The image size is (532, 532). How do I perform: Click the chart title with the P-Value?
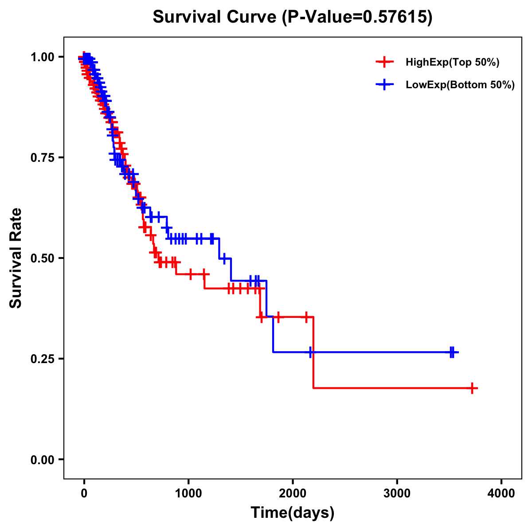[x=292, y=17]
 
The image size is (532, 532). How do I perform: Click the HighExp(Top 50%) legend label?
[x=452, y=63]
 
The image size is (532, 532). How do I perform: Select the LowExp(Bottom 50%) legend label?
[x=460, y=85]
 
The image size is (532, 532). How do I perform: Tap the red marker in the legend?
[x=384, y=62]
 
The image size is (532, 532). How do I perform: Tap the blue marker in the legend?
[x=384, y=85]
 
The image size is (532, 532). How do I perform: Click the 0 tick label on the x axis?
[x=84, y=493]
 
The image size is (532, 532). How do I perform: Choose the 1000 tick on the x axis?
[x=188, y=493]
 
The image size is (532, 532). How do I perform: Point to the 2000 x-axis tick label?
[x=293, y=493]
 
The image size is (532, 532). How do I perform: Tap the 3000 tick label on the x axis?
[x=397, y=493]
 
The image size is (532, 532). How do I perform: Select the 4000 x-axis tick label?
[x=501, y=493]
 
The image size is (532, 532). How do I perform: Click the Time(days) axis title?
[x=292, y=513]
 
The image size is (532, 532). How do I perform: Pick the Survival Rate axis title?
[x=16, y=258]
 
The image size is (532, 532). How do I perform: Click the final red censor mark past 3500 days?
[x=473, y=388]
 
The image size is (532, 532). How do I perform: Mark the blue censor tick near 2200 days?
[x=311, y=352]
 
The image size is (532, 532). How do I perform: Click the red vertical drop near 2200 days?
[x=313, y=352]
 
